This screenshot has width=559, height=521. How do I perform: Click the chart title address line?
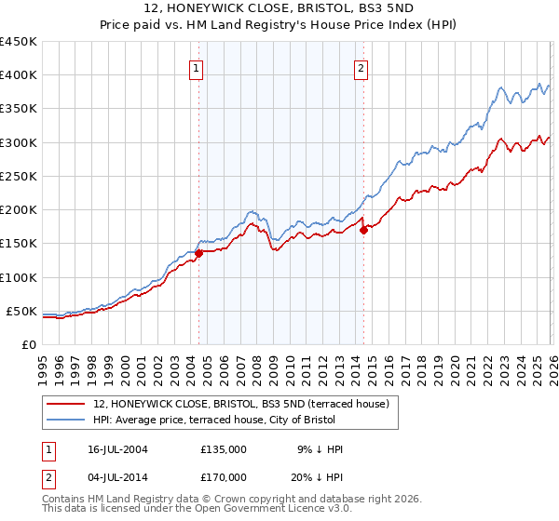click(x=279, y=8)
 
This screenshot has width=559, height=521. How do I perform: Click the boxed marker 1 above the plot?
click(x=198, y=67)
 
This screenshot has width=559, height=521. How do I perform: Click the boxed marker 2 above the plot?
click(x=361, y=67)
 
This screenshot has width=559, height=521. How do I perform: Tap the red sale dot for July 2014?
click(x=363, y=230)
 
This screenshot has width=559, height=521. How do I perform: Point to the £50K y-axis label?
click(x=22, y=311)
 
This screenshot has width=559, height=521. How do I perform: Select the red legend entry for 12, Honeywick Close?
click(x=246, y=403)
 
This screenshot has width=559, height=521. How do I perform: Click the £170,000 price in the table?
click(x=224, y=476)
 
